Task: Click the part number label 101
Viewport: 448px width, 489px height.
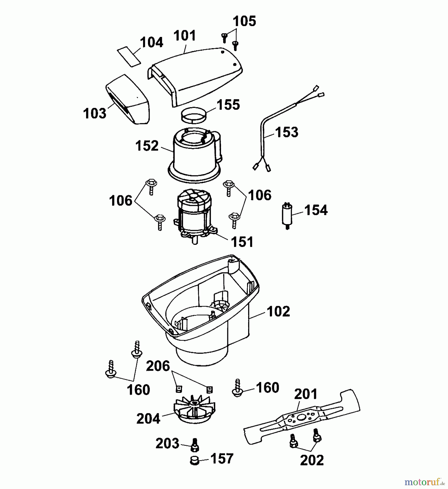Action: point(185,36)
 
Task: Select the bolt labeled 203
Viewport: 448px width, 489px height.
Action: point(195,444)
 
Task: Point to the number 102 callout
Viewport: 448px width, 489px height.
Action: point(278,312)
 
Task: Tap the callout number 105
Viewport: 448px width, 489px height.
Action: point(244,21)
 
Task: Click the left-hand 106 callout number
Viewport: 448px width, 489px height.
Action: point(121,201)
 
